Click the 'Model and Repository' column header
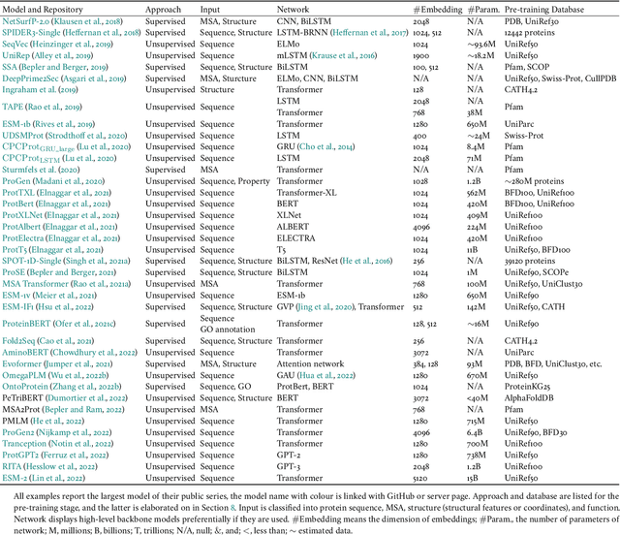(x=46, y=6)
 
